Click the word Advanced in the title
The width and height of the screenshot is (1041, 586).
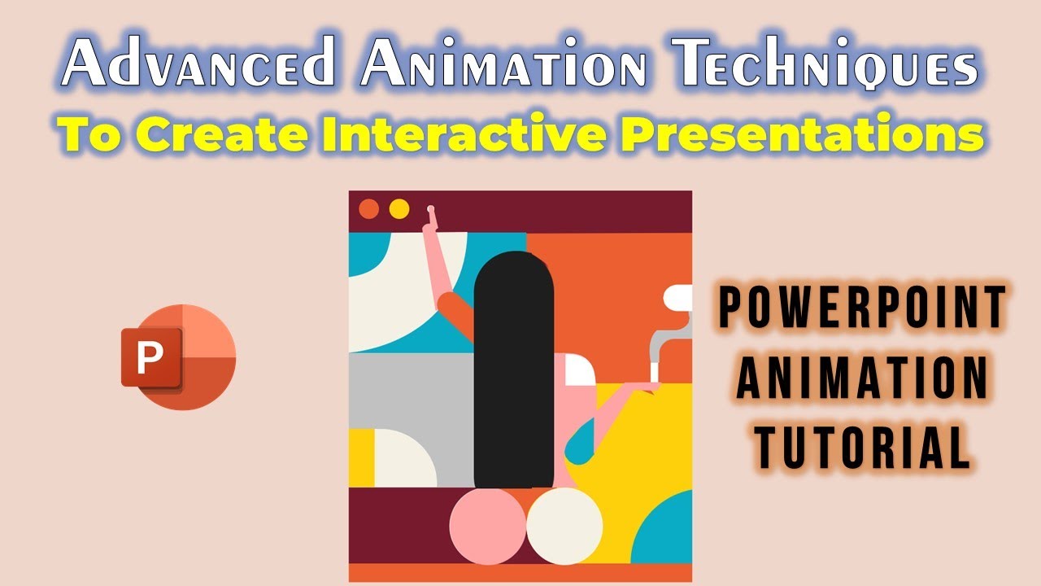click(x=198, y=61)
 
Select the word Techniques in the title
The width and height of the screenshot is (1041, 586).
click(x=825, y=64)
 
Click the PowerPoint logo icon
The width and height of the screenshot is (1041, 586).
click(x=178, y=357)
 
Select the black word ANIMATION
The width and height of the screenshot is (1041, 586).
click(x=863, y=378)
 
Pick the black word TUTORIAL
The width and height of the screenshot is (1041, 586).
click(x=863, y=447)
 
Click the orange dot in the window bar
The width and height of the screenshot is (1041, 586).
click(x=369, y=209)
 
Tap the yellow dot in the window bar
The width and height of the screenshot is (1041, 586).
click(x=399, y=209)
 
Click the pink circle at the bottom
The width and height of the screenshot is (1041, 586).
click(x=488, y=526)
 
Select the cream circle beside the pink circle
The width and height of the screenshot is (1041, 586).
click(x=564, y=526)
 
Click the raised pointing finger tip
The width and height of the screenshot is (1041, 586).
click(x=431, y=209)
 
